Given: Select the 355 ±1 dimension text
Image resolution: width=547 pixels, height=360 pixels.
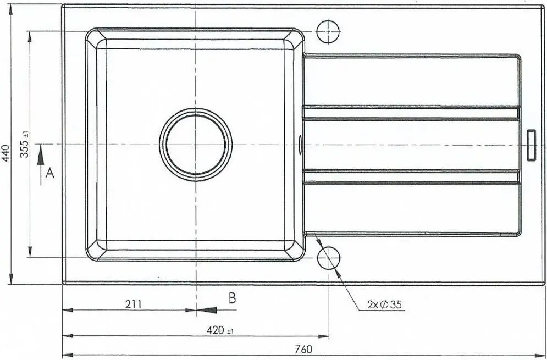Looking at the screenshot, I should point(25,145).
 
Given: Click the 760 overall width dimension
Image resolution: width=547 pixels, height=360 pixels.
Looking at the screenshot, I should point(303,349).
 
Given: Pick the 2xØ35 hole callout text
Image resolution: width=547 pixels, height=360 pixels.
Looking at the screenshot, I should point(384,303).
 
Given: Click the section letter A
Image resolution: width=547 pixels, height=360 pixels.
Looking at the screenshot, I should point(49,174).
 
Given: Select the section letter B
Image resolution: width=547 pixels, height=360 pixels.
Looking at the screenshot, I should point(232,298).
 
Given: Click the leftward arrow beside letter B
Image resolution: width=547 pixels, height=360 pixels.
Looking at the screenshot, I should point(207,310).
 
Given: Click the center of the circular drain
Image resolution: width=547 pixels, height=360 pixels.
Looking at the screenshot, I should point(196,145).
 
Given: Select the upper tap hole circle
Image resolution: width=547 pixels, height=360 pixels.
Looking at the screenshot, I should point(329,31).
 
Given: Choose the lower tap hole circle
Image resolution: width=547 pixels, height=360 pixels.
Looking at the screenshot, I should point(329,257).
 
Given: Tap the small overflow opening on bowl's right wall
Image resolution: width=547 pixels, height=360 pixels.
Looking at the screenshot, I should point(301,144).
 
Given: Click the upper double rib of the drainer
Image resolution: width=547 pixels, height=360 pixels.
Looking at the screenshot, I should point(411,113).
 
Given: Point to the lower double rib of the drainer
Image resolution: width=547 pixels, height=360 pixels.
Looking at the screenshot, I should point(411,176).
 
